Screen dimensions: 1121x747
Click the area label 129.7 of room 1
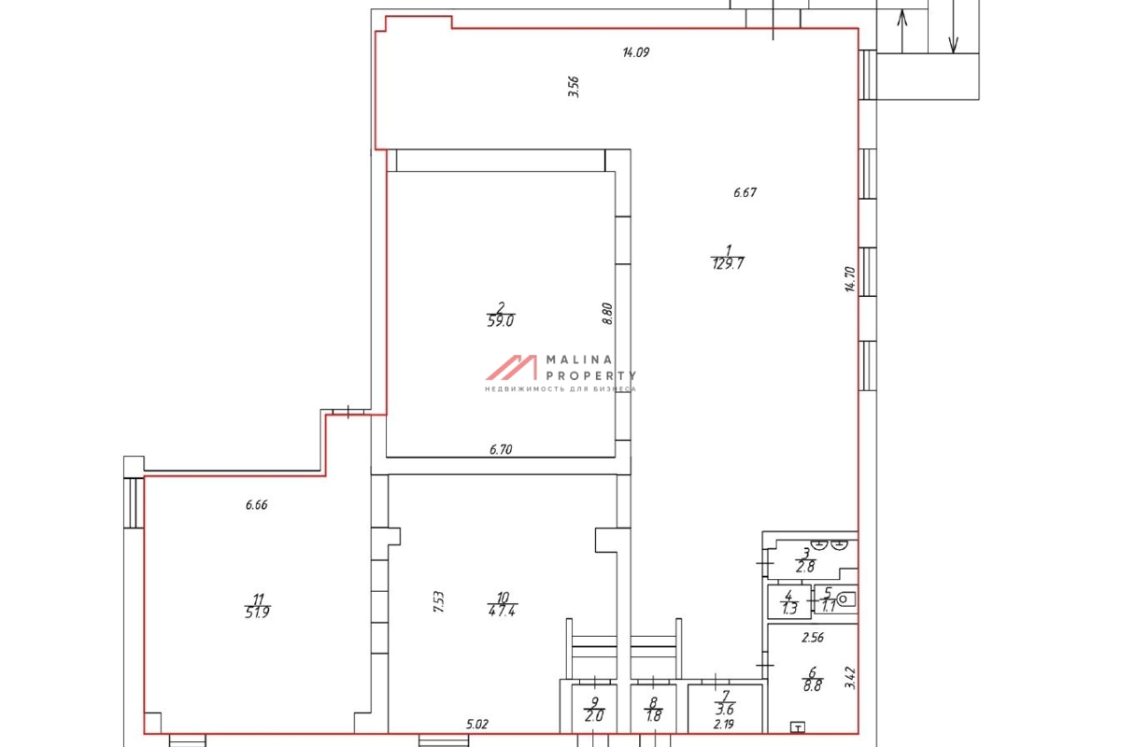click(x=728, y=263)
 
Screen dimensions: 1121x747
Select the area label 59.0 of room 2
click(x=501, y=321)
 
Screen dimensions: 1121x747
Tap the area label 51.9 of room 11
click(x=257, y=613)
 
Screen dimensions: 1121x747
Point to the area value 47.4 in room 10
click(x=502, y=611)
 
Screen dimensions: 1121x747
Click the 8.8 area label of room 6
click(x=812, y=685)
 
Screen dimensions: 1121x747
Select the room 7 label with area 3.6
click(x=725, y=703)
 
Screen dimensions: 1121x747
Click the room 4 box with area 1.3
click(x=789, y=602)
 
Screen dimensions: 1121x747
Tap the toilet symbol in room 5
click(x=846, y=599)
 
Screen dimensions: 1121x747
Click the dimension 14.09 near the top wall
click(x=635, y=52)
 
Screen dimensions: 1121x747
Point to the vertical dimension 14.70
click(x=850, y=279)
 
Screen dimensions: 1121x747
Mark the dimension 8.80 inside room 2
click(x=607, y=314)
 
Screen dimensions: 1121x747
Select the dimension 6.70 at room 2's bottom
click(x=501, y=450)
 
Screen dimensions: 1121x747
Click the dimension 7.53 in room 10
click(x=438, y=602)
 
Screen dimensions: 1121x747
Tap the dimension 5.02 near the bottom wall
click(x=477, y=725)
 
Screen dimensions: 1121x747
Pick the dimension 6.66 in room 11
click(x=256, y=505)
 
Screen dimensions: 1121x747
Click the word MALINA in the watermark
click(x=579, y=359)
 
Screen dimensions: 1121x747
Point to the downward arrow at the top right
click(x=954, y=26)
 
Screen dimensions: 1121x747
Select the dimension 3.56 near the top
click(x=574, y=87)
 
